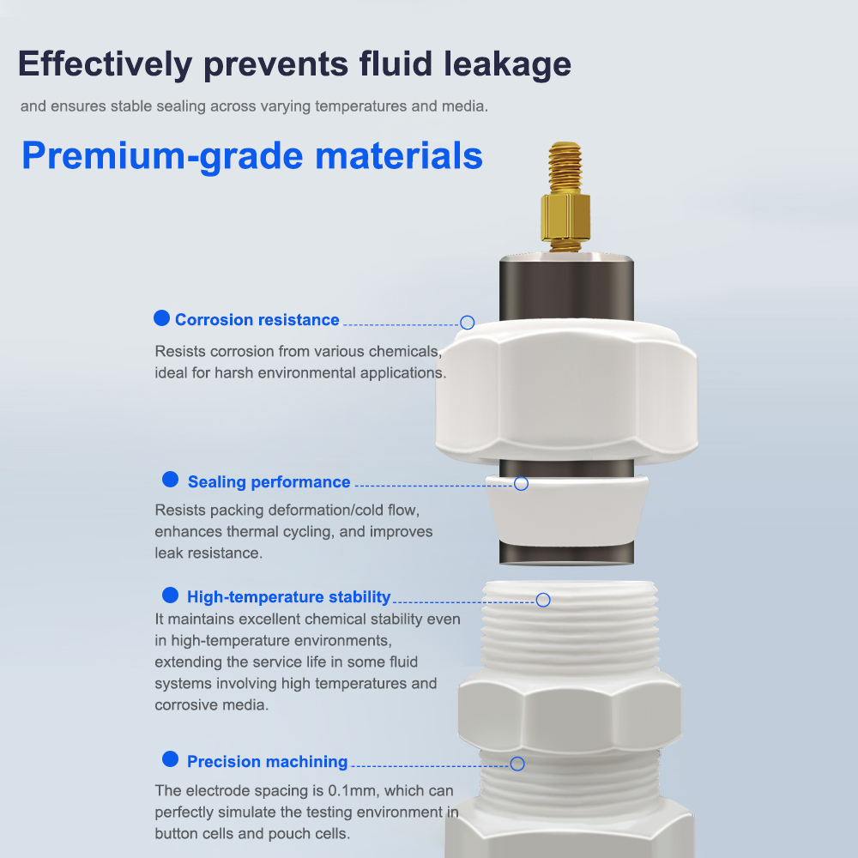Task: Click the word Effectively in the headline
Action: [x=105, y=64]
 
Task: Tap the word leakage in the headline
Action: [x=507, y=64]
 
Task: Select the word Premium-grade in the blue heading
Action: [x=162, y=156]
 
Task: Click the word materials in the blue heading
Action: [x=399, y=155]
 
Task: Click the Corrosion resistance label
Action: [x=257, y=319]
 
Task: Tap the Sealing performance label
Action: [x=269, y=481]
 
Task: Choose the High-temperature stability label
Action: [x=289, y=596]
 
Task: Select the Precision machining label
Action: [x=268, y=761]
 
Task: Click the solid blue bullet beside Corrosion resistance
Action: [x=161, y=318]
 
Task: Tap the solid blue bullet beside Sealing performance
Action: [x=170, y=480]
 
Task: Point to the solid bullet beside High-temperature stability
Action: [x=170, y=595]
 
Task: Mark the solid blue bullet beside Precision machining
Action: [x=170, y=759]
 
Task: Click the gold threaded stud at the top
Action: [x=565, y=167]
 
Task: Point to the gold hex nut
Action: [x=565, y=217]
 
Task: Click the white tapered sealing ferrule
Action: [x=567, y=511]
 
